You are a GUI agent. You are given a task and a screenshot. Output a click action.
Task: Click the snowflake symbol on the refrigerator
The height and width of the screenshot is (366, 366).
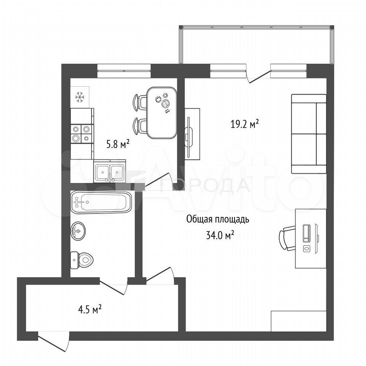point(80,97)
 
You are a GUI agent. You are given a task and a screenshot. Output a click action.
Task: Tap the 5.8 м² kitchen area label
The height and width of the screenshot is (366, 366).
point(118,144)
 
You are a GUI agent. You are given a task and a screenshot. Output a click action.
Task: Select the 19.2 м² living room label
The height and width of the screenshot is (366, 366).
point(245,124)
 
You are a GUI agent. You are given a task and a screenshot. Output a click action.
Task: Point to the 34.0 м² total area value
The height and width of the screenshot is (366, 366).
point(220,235)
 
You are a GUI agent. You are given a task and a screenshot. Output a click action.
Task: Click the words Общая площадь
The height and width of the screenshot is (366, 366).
point(218,220)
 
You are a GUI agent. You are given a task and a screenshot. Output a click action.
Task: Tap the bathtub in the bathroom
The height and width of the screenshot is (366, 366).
point(101,202)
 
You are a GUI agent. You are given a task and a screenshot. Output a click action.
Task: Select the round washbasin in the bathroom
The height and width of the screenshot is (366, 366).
point(78,231)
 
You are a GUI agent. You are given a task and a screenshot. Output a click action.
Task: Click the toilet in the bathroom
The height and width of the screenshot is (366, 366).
point(82,260)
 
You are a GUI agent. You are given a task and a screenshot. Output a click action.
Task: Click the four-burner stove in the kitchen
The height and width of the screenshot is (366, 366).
point(82,134)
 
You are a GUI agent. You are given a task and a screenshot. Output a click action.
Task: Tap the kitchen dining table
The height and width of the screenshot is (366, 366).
point(162,112)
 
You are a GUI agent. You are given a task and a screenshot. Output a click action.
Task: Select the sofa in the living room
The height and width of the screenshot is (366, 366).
point(309,134)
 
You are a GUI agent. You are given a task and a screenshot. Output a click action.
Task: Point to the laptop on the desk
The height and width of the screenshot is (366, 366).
point(307,233)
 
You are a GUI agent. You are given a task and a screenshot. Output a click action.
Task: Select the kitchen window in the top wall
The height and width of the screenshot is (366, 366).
point(124,71)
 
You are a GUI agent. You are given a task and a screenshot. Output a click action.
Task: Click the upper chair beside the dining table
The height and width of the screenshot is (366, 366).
point(140,102)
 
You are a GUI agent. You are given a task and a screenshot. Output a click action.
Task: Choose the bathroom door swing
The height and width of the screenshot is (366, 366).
point(114,287)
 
